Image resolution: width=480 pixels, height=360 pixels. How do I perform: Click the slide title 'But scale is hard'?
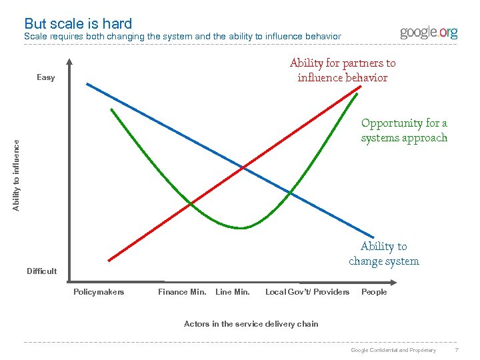tap(78, 24)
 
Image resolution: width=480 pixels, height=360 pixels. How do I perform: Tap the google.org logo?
tap(429, 32)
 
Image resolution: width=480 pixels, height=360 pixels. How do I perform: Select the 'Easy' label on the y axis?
tap(46, 78)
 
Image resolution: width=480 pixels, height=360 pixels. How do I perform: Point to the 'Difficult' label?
tap(41, 271)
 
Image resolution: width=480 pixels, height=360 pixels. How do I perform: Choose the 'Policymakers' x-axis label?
tap(99, 292)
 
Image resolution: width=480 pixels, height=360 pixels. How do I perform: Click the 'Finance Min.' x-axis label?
tap(182, 292)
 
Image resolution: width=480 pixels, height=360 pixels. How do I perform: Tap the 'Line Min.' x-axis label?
tap(233, 292)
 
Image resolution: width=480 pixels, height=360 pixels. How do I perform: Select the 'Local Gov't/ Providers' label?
tap(307, 292)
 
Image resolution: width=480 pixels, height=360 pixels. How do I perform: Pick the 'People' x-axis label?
tap(374, 292)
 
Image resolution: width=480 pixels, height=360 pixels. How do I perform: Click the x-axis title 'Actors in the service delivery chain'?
tap(251, 324)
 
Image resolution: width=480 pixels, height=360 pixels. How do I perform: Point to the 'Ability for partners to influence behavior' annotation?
tap(343, 70)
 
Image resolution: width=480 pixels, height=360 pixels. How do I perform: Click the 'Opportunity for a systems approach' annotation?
tap(404, 130)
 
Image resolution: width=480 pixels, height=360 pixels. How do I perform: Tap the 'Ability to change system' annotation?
tap(384, 254)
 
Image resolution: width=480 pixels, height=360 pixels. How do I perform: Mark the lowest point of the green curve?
tap(241, 228)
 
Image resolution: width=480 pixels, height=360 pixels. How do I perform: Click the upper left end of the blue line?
tap(87, 83)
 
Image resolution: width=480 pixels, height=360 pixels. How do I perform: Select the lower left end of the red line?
tap(109, 259)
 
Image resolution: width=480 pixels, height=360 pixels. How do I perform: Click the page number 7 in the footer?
tap(456, 350)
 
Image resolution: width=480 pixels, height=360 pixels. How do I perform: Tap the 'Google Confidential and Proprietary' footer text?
tap(393, 350)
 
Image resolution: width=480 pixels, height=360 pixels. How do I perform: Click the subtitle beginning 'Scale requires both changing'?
tap(182, 36)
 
